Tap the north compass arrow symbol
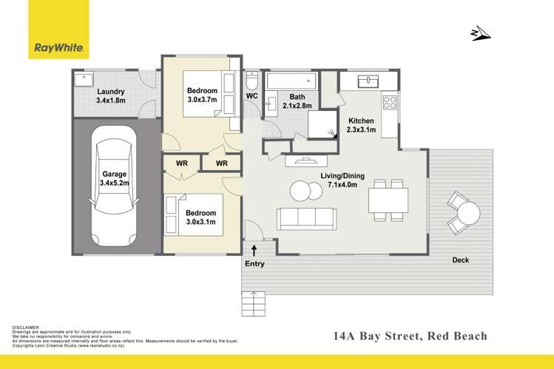click(480, 33)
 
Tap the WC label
click(251, 96)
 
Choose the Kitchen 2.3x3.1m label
click(361, 125)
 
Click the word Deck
click(461, 260)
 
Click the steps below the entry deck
click(253, 303)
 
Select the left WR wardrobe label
click(181, 163)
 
